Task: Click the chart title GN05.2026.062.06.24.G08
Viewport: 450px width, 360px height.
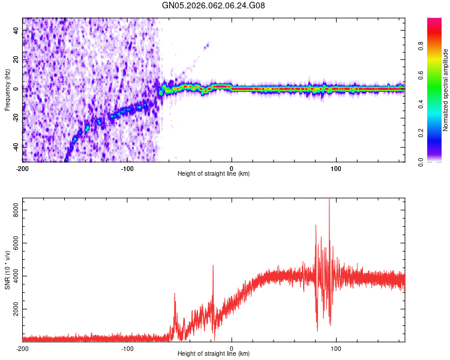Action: click(214, 5)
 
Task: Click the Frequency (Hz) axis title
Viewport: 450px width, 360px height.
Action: click(7, 90)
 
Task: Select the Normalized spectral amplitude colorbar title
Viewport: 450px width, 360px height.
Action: click(446, 90)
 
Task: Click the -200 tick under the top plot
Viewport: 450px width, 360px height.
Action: click(23, 168)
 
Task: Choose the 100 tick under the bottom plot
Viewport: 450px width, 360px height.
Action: click(337, 349)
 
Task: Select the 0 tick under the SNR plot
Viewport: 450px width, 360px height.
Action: click(232, 349)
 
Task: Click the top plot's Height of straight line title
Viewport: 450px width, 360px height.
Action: click(214, 174)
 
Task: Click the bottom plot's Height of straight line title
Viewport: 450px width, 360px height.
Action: click(214, 355)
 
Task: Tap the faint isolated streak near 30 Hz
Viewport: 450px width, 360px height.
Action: click(207, 45)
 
